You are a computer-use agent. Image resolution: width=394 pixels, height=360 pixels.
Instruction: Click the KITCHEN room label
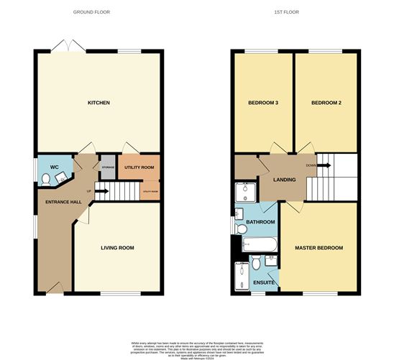[98, 103]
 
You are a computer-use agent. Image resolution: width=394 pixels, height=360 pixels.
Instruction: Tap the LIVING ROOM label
[116, 248]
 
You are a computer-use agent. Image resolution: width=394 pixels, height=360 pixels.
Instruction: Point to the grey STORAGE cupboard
[108, 168]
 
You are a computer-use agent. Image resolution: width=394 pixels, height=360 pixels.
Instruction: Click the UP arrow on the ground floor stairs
[101, 191]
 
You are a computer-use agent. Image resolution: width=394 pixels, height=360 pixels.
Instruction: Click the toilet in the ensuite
[271, 260]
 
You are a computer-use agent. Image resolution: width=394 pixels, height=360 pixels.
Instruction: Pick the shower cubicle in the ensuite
[242, 276]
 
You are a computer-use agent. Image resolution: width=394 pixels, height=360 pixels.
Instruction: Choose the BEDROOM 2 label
[326, 103]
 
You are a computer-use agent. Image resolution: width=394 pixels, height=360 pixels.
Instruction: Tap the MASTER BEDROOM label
[319, 248]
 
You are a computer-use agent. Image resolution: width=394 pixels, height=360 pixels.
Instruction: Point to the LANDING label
[285, 180]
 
